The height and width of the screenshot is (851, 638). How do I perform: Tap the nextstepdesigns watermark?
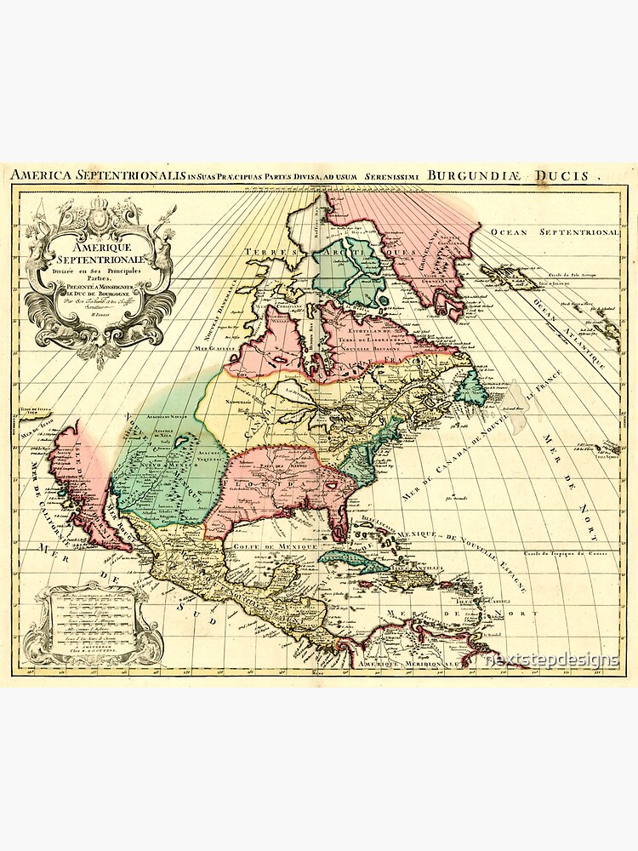point(552,660)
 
